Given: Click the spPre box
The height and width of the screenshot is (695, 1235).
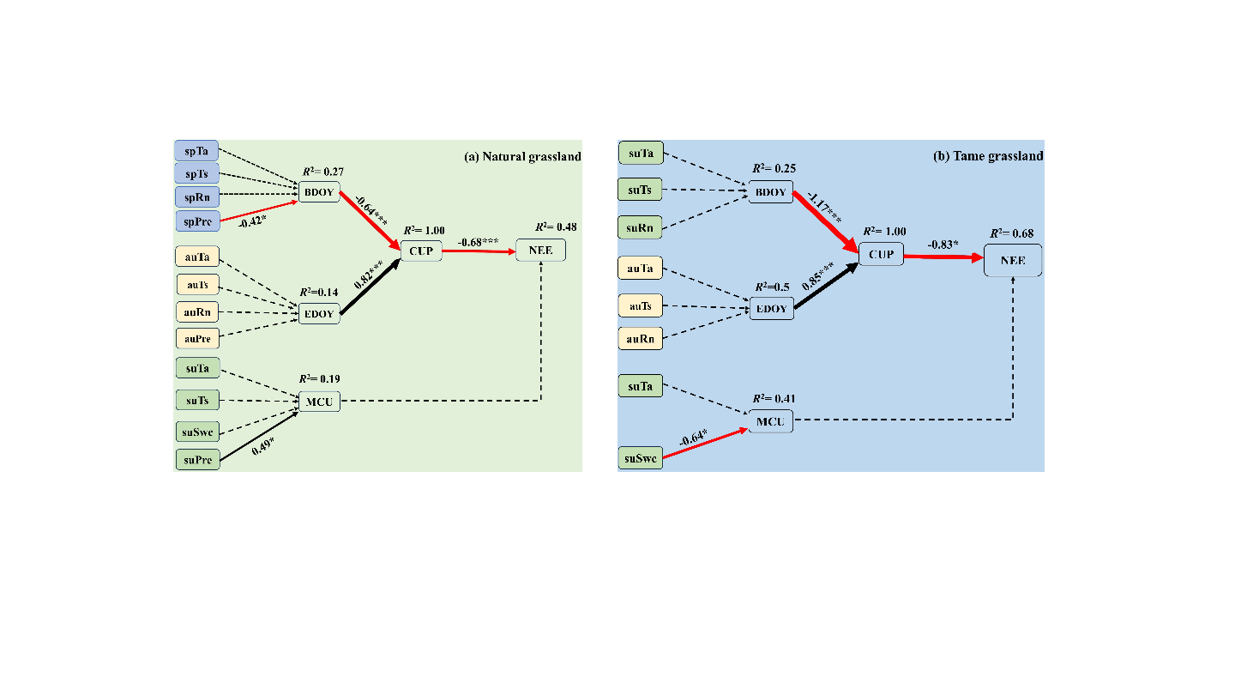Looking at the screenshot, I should [x=197, y=221].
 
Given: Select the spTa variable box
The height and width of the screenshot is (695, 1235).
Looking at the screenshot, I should [x=197, y=151].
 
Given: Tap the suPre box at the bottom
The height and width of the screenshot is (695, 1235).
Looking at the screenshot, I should [x=197, y=460].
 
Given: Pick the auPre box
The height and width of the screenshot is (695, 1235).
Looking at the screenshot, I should [x=197, y=338].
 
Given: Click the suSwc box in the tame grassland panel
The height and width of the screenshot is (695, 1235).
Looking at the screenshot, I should [x=640, y=459].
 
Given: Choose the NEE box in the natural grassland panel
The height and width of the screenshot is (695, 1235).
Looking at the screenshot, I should [x=540, y=251].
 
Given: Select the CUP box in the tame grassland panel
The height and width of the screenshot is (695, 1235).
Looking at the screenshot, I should [x=881, y=254].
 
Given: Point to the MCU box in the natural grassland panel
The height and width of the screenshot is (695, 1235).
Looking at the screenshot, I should [x=318, y=401].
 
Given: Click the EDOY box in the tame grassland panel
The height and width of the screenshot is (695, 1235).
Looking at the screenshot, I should [x=772, y=309].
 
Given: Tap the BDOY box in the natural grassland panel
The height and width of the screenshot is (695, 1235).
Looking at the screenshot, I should [x=319, y=190].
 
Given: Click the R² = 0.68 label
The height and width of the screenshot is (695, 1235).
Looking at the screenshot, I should [x=1011, y=233].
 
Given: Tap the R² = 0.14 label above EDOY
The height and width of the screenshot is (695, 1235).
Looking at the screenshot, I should [x=319, y=292].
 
